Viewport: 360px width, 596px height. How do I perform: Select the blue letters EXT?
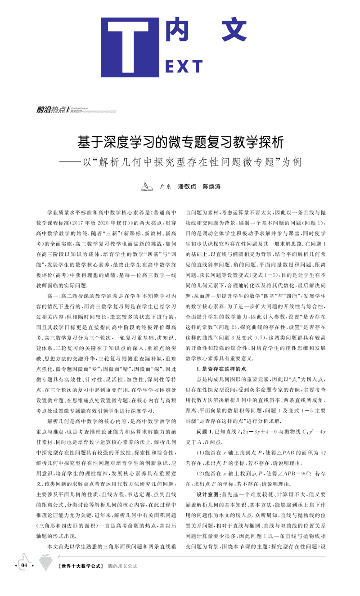point(184,67)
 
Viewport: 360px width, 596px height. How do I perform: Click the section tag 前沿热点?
point(50,109)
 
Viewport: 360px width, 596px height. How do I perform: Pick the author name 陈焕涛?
point(211,186)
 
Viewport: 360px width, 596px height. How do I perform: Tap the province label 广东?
point(166,186)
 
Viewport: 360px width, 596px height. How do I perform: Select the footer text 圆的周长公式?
point(122,566)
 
